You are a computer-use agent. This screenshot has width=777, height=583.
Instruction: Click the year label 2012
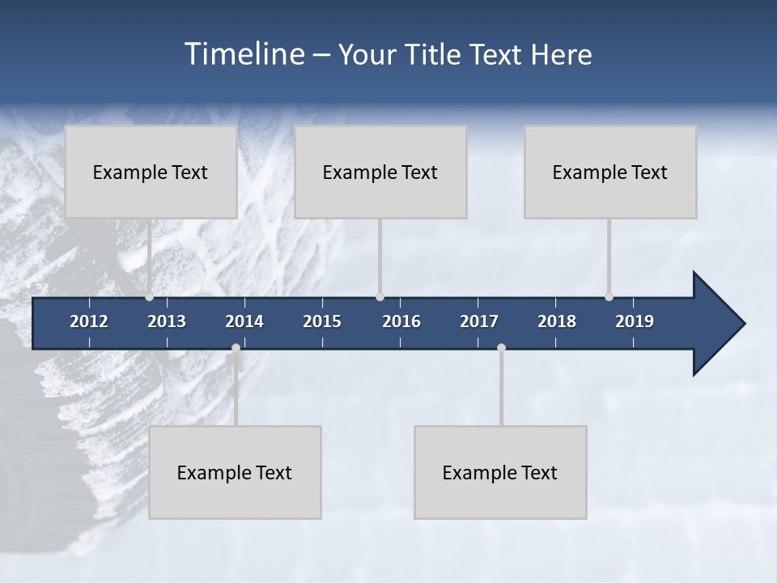click(89, 321)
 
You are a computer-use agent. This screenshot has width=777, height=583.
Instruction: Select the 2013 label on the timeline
click(167, 321)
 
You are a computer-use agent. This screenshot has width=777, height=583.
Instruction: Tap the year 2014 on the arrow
click(244, 321)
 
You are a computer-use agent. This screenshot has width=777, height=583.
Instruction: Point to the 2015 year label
click(322, 321)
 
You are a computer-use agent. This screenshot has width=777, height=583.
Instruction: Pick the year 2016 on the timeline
click(401, 321)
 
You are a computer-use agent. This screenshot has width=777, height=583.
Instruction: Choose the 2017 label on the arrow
click(479, 321)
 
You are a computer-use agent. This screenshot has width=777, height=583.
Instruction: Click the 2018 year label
click(557, 321)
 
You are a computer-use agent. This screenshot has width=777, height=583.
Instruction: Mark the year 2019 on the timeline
click(635, 321)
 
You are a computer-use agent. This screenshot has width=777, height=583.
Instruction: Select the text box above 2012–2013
click(151, 172)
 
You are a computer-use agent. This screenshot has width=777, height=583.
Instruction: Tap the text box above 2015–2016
click(380, 172)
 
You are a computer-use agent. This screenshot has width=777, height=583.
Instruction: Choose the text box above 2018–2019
click(610, 172)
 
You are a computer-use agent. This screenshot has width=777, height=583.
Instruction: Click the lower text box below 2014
click(235, 472)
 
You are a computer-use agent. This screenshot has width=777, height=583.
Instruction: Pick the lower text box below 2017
click(500, 472)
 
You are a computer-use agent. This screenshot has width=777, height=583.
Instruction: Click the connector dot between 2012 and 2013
click(149, 297)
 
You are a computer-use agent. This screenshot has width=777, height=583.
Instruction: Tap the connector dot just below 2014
click(236, 348)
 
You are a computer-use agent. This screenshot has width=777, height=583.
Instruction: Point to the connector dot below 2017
click(501, 348)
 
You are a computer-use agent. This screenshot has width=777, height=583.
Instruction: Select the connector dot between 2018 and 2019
click(609, 297)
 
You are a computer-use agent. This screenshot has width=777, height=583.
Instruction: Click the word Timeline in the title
click(245, 54)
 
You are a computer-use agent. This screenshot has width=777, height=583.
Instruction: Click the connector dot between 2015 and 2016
click(380, 297)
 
